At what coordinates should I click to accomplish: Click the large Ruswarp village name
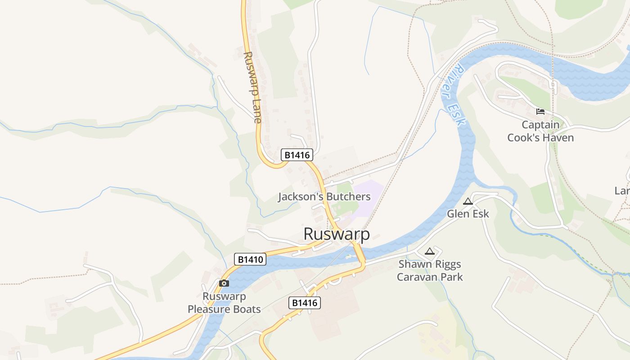(x=337, y=234)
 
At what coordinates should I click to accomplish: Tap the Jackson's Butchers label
(x=324, y=197)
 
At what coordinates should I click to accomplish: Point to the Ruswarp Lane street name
(x=252, y=87)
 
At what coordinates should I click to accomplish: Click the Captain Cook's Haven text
(x=540, y=131)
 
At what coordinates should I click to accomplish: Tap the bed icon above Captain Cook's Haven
(x=540, y=111)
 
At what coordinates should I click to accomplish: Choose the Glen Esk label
(x=468, y=214)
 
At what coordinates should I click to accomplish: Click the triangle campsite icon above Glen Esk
(x=468, y=201)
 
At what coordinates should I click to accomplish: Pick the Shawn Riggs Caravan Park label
(x=430, y=270)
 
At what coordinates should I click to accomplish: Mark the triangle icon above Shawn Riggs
(x=430, y=251)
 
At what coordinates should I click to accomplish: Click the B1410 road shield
(x=250, y=259)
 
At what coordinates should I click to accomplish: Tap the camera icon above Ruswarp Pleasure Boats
(x=224, y=283)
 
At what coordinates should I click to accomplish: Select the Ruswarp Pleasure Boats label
(x=224, y=303)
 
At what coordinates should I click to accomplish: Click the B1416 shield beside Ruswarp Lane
(x=297, y=155)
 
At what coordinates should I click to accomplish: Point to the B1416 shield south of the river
(x=305, y=303)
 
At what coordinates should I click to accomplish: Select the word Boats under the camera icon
(x=244, y=309)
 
